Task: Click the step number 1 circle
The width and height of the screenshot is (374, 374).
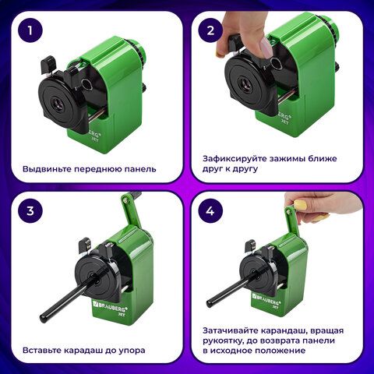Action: (30, 30)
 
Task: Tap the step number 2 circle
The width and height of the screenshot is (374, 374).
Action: (210, 30)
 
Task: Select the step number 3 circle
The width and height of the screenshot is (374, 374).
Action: (30, 210)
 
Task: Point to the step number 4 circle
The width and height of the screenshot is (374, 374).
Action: (210, 210)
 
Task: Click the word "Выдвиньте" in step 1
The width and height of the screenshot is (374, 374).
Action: (47, 169)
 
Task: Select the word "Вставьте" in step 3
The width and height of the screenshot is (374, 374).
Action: (42, 350)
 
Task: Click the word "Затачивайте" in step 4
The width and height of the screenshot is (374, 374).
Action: (230, 330)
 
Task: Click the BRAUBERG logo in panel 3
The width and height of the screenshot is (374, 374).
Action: (110, 306)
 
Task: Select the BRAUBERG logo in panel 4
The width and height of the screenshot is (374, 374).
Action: (266, 299)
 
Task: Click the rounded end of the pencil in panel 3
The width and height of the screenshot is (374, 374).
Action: (43, 318)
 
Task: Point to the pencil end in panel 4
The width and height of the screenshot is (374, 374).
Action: (210, 303)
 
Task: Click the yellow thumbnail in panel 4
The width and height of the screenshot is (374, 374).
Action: (301, 205)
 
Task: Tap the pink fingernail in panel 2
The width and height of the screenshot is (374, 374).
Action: (266, 48)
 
